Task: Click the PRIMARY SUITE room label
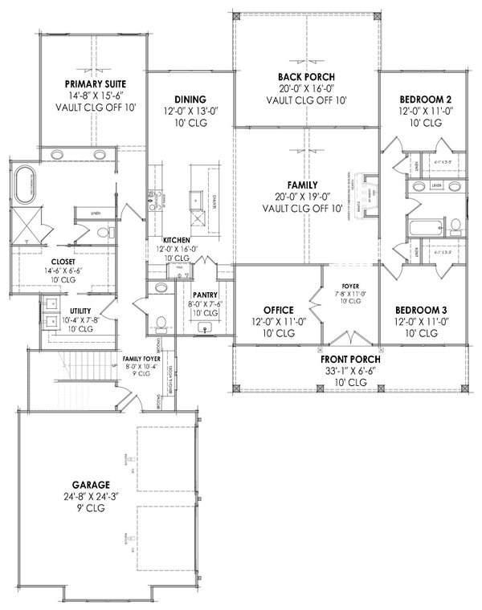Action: pos(96,83)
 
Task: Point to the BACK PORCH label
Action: pos(305,77)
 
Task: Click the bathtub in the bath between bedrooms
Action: pos(422,229)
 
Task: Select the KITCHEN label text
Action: pos(176,241)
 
